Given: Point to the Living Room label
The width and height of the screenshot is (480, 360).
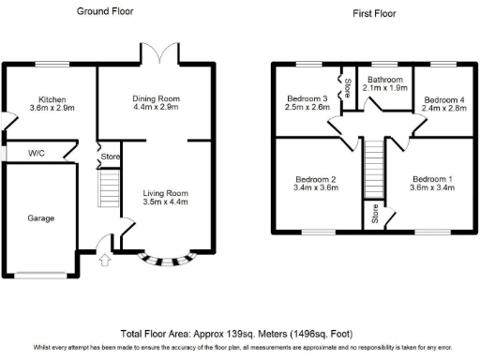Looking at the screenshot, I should tap(157, 197).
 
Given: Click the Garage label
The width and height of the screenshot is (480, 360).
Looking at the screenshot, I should tap(40, 218).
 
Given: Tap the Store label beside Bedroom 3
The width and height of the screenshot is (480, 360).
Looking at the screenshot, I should tap(347, 88).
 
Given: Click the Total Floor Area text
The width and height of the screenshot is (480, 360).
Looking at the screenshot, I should tap(240, 333).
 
